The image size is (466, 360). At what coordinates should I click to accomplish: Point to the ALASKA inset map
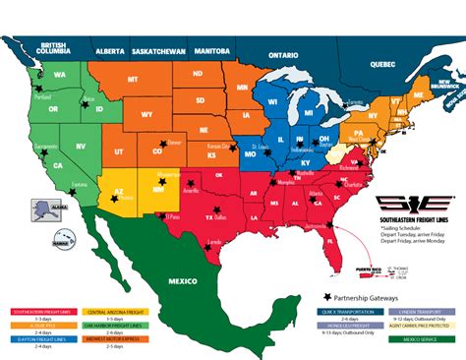coord(43,208)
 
